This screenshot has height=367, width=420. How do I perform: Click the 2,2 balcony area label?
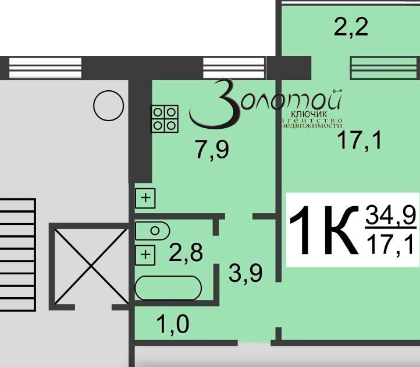coord(351,26)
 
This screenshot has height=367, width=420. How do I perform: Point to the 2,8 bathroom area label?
coord(185,254)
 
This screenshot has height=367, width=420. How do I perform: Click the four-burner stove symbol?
coord(165,118)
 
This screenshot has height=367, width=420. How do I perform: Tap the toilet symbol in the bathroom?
coord(152,231)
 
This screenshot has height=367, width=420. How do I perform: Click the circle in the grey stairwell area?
coord(109,105)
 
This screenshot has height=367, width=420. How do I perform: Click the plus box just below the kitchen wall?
coord(145,198)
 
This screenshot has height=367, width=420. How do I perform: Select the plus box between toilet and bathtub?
coord(145,254)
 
